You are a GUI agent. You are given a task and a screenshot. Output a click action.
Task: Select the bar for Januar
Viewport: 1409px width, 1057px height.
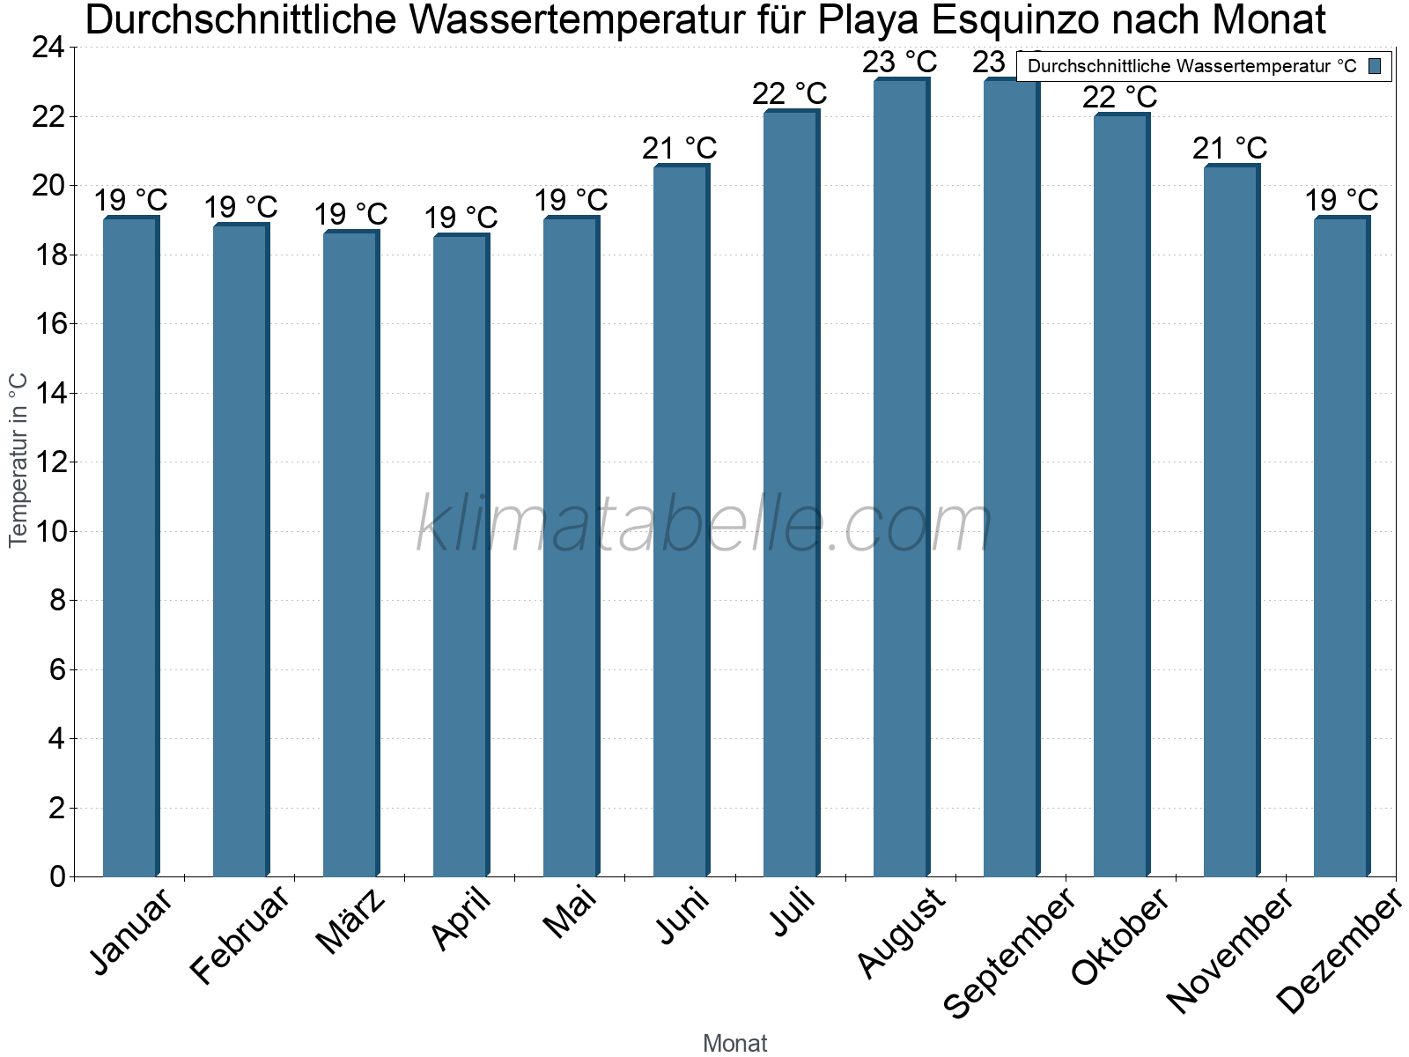[x=130, y=546]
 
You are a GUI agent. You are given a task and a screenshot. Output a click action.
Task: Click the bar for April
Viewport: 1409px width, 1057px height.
[x=461, y=555]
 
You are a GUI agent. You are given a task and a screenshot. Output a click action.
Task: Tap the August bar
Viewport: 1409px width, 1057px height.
[x=901, y=476]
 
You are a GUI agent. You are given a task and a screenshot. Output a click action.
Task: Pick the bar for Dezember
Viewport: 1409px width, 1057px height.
[x=1341, y=546]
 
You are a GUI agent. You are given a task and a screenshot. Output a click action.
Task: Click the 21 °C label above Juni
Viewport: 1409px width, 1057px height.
[x=680, y=148]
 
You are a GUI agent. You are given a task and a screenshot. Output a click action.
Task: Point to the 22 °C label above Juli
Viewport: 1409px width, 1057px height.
[x=790, y=93]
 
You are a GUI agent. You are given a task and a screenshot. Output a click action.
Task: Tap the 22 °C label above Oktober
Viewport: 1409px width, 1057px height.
[x=1120, y=96]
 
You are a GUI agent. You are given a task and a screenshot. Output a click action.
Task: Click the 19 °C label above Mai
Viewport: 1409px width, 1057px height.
[x=571, y=200]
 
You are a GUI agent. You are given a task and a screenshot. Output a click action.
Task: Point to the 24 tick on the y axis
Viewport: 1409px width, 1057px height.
[x=48, y=48]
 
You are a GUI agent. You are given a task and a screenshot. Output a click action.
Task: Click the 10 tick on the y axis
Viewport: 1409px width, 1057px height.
[x=48, y=531]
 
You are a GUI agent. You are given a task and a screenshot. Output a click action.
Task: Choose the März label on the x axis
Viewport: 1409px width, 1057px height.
[x=350, y=921]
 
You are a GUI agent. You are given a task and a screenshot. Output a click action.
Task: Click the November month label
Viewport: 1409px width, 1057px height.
[x=1230, y=950]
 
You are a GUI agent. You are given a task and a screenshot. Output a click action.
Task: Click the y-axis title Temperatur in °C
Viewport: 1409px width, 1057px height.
[x=18, y=460]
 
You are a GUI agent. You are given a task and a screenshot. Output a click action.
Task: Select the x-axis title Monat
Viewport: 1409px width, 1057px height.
[x=735, y=1043]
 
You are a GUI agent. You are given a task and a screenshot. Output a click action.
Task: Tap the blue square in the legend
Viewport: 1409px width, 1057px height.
[x=1376, y=65]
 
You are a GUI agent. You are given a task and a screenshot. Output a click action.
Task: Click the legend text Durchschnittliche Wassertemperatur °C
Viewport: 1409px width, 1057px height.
[x=1191, y=66]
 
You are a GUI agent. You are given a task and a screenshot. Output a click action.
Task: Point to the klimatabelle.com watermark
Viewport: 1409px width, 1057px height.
[x=704, y=526]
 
